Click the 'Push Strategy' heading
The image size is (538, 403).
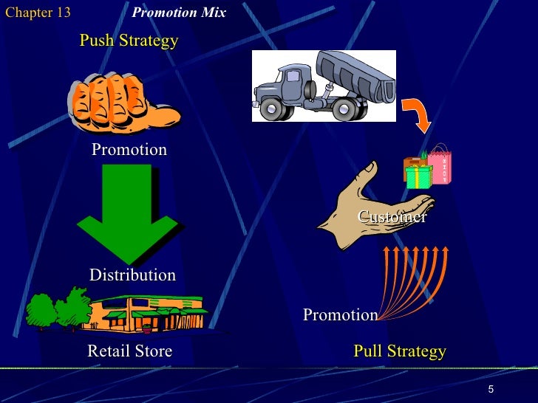click(129, 40)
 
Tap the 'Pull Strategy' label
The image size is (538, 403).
click(399, 351)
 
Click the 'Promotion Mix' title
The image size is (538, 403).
click(178, 13)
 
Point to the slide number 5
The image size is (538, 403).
click(491, 389)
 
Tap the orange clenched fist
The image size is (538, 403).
click(122, 103)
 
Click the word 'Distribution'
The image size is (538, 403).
click(132, 275)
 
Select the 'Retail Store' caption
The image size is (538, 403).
click(129, 351)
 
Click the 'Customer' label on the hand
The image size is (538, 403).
click(392, 216)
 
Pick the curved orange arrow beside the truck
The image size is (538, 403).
click(417, 114)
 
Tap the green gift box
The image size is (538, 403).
click(418, 176)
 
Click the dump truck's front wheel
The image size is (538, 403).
click(273, 110)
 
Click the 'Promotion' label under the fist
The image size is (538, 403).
click(129, 150)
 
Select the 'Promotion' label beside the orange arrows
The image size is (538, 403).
click(340, 315)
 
